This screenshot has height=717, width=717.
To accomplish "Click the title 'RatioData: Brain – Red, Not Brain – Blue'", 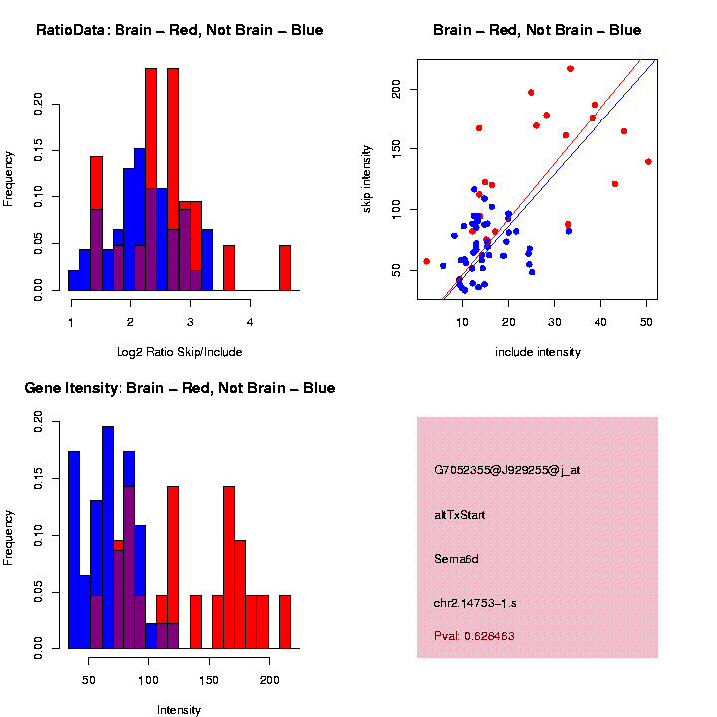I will [179, 30].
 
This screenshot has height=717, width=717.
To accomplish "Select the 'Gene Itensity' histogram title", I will [179, 388].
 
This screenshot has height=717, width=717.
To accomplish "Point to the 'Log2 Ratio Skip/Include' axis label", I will [180, 352].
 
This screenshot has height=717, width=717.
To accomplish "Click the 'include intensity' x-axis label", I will [538, 352].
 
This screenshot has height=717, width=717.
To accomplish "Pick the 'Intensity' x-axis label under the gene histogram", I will [179, 710].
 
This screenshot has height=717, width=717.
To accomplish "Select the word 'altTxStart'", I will [460, 515].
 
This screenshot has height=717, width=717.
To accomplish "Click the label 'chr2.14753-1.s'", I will [475, 603].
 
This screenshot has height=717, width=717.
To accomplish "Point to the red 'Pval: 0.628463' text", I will [474, 636].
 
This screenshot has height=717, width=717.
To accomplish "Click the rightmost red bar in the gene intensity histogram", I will [284, 621].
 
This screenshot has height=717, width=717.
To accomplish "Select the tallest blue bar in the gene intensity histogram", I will [108, 538].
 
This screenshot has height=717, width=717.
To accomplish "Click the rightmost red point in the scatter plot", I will [648, 161].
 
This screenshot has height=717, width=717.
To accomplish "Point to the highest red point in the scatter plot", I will [570, 69].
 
